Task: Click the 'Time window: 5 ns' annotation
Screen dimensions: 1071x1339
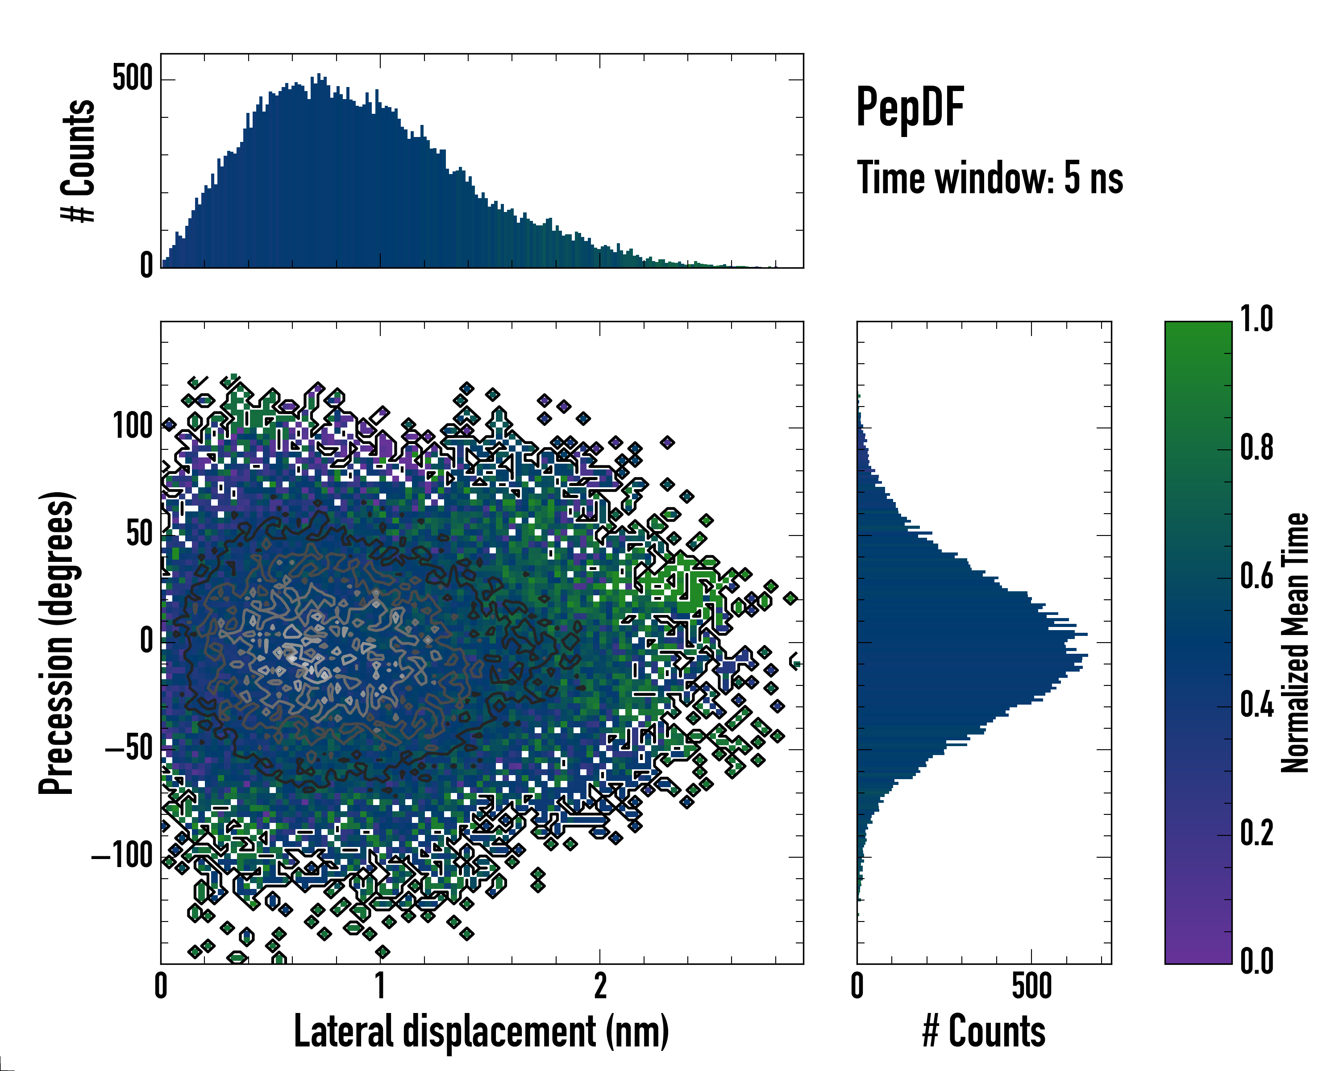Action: coord(990,178)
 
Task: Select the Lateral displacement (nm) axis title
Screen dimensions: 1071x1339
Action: coord(481,1032)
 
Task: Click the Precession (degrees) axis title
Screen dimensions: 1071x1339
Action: coord(57,643)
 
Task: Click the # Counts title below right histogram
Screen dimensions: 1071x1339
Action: coord(984,1032)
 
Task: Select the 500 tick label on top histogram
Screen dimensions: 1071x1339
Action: coord(132,79)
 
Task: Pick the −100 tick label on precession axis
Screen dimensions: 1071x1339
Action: coord(122,857)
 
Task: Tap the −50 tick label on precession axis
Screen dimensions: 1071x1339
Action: coord(129,749)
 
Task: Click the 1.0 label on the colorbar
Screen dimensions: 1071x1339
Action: coord(1256,320)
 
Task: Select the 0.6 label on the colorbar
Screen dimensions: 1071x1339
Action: coord(1256,577)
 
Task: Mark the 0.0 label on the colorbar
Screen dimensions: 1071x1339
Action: coord(1256,962)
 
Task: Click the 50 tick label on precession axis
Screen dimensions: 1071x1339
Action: coord(139,535)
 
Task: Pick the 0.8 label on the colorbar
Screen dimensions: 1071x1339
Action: coord(1256,448)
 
